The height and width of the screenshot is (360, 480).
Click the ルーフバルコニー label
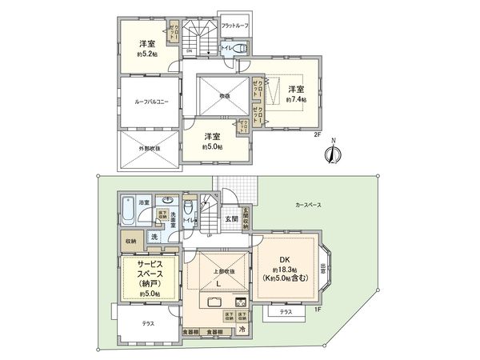146,102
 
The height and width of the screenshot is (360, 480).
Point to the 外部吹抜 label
147,149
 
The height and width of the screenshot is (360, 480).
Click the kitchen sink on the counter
217,302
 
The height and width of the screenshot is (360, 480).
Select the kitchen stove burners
240,302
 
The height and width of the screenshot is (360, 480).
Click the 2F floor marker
316,134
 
